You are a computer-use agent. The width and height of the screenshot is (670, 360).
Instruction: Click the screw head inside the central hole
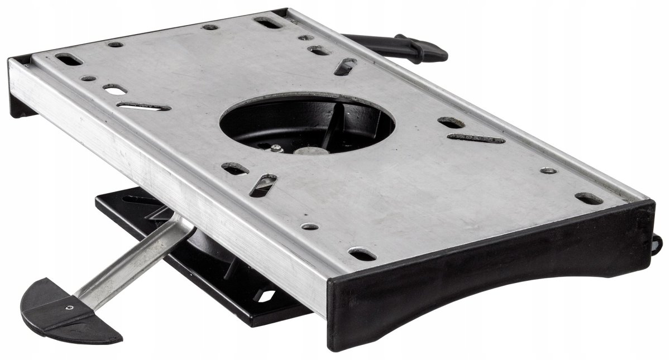[277, 147]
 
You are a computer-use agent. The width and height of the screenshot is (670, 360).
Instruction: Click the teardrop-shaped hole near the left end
[114, 89]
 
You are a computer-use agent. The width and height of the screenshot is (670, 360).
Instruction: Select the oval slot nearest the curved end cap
[363, 255]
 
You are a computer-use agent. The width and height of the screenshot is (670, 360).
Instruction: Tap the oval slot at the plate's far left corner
[69, 58]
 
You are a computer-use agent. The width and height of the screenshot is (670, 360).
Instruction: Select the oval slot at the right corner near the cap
[589, 198]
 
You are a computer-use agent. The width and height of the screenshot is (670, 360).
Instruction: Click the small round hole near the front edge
[309, 227]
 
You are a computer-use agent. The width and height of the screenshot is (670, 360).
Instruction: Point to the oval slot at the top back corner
[269, 23]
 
